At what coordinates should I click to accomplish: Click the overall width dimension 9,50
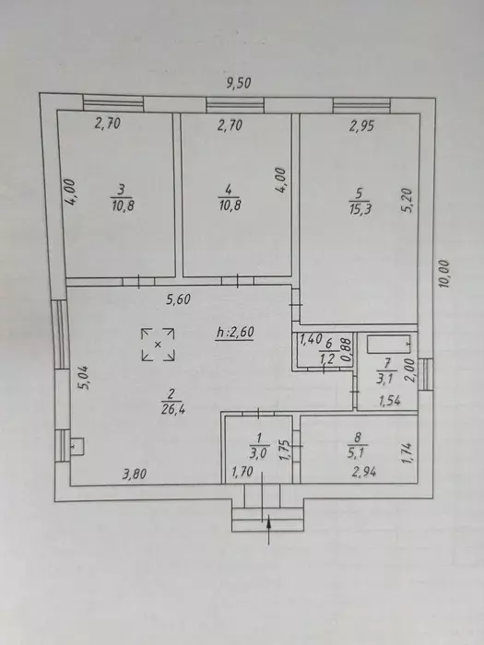pyautogui.click(x=239, y=83)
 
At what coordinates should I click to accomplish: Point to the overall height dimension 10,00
pyautogui.click(x=444, y=274)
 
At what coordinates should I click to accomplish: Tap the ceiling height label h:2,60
pyautogui.click(x=235, y=332)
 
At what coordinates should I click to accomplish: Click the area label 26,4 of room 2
pyautogui.click(x=173, y=410)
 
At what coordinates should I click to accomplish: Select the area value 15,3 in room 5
pyautogui.click(x=360, y=208)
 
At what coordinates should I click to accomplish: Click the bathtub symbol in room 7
pyautogui.click(x=388, y=344)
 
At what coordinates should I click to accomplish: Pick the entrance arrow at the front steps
pyautogui.click(x=268, y=529)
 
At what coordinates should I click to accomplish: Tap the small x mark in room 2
pyautogui.click(x=158, y=345)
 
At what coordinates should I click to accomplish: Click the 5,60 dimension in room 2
pyautogui.click(x=178, y=299)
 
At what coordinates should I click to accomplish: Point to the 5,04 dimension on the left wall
pyautogui.click(x=83, y=378)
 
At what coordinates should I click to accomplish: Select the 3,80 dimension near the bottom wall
pyautogui.click(x=135, y=475)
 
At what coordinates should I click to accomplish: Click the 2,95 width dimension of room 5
pyautogui.click(x=361, y=126)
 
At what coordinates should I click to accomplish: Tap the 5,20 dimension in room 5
pyautogui.click(x=407, y=200)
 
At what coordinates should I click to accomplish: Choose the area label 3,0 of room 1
pyautogui.click(x=259, y=453)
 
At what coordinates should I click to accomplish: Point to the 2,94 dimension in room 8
pyautogui.click(x=364, y=472)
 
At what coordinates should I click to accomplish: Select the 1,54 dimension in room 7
pyautogui.click(x=389, y=401)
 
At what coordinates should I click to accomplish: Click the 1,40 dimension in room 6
pyautogui.click(x=311, y=340)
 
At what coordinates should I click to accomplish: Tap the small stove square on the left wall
pyautogui.click(x=77, y=446)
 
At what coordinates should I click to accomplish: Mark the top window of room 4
pyautogui.click(x=235, y=105)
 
